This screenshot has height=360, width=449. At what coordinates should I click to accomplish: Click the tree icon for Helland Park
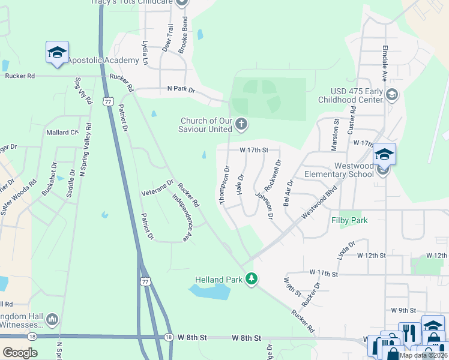pos(252,279)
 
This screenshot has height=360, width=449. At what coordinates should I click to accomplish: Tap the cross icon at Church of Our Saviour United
pos(241,125)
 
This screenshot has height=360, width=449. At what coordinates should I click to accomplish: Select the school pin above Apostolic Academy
pos(57,53)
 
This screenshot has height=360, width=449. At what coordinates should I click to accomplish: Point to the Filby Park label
pos(349,220)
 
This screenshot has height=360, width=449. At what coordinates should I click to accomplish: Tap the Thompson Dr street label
pos(226,185)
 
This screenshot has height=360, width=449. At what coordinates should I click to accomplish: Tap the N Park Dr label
pos(181,90)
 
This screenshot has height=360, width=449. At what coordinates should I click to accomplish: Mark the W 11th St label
pos(324,273)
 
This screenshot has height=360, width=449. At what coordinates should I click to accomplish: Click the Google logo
pos(19,352)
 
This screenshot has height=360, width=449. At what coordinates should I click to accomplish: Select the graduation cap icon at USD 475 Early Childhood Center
pos(391,95)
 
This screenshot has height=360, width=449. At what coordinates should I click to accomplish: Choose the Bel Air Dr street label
pos(289,191)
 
